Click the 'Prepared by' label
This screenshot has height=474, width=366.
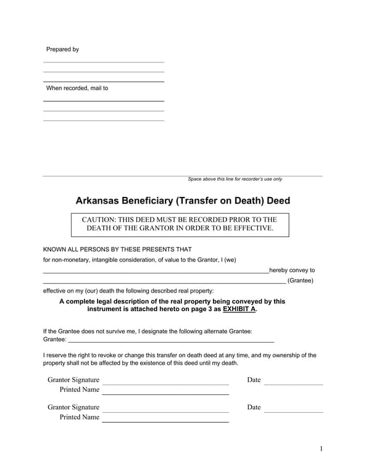tap(62, 49)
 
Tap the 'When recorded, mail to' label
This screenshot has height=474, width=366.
tap(77, 88)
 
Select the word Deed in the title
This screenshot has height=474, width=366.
tap(278, 201)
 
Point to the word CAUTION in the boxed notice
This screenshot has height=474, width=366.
tap(103, 220)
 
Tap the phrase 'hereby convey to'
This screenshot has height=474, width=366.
tap(292, 270)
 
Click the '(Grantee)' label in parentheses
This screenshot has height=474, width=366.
tap(301, 281)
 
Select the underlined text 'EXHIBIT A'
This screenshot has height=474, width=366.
tap(239, 309)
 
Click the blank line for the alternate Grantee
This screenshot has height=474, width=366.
tap(170, 341)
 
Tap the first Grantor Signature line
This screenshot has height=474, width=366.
tap(165, 384)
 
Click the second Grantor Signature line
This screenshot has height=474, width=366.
tap(165, 411)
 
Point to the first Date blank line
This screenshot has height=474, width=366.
tap(293, 384)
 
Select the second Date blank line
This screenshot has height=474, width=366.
tap(293, 411)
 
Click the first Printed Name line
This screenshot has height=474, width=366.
tap(165, 394)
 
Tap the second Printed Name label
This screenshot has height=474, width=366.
tap(79, 417)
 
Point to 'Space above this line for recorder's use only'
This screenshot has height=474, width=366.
tap(235, 180)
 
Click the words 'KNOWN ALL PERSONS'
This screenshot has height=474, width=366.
tap(80, 249)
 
